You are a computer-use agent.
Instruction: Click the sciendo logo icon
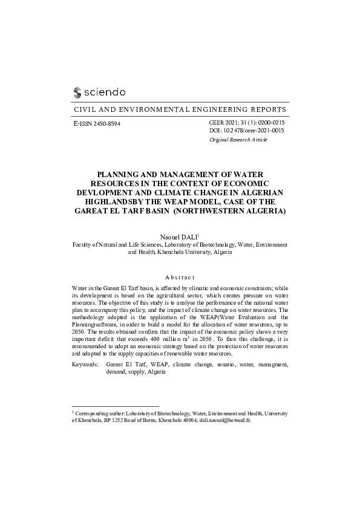coord(77,92)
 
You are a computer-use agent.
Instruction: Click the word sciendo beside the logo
coord(104,92)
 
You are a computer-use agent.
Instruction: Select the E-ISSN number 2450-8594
coord(103,123)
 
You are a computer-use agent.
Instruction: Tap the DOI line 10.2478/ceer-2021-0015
coord(246,131)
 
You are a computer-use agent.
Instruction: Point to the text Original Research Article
coord(238,140)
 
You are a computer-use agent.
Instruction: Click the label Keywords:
coord(85,365)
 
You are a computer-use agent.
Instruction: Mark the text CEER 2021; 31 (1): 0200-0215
coord(246,123)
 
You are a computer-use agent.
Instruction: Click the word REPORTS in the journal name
coord(269,110)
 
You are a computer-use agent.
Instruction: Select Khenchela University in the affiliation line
coord(179,252)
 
